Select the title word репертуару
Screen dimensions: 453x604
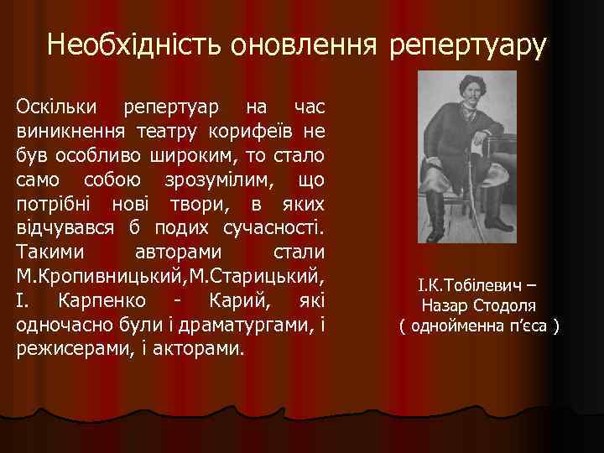[467, 46]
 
